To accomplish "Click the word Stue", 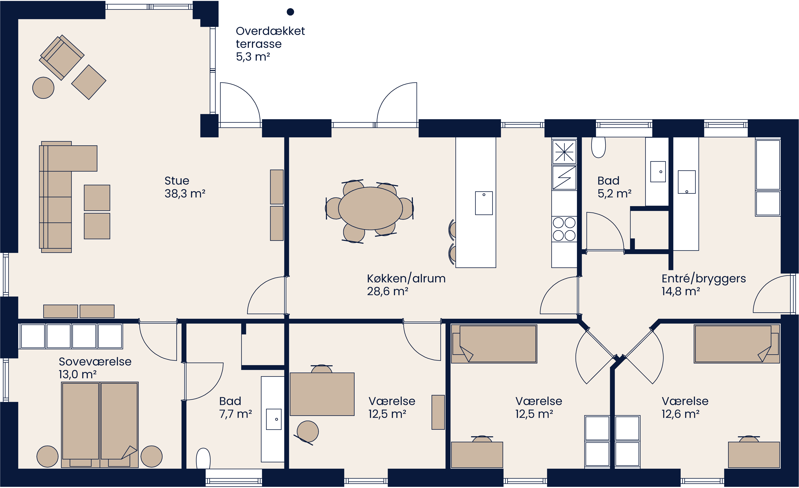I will point(177,181).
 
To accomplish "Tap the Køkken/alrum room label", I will point(406,279).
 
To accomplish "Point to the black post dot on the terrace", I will point(290,12).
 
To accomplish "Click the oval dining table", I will point(370,208).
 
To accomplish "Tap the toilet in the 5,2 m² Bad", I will point(598,148).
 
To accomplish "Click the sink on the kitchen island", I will point(484,203).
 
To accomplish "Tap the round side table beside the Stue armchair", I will point(43,88).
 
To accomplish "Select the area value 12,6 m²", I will point(680,414).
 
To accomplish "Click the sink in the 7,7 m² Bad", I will point(274,419).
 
